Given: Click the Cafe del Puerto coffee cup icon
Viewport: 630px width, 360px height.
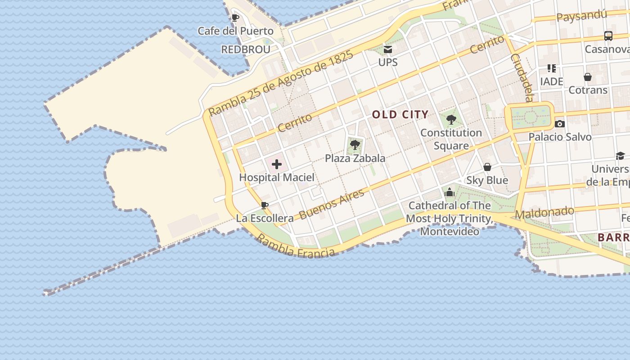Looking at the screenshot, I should pos(235,18).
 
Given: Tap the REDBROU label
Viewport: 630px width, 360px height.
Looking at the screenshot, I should pos(246,49).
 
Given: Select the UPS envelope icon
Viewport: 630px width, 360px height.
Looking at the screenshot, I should pos(387,49).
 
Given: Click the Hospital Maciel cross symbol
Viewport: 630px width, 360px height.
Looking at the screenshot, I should pos(277,164).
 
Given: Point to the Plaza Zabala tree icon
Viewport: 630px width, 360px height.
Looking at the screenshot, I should pos(355,145).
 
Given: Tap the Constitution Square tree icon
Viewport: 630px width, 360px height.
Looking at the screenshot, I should pos(451,120).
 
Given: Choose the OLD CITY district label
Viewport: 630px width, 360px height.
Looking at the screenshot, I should pos(400,115).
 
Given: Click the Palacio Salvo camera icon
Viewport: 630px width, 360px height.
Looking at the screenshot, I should pos(560,124).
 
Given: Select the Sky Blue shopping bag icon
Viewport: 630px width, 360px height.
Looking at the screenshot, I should pos(487,167).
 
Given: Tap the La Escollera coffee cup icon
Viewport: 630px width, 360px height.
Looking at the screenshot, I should pos(265,206).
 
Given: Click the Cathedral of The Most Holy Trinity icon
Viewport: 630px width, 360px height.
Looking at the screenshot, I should pos(449,193).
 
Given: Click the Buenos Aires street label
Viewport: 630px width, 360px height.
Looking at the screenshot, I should pos(332,204).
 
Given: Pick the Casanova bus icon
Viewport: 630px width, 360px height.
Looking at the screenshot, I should pos(608,36).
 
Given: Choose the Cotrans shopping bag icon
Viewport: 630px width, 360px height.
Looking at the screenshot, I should pos(587,77).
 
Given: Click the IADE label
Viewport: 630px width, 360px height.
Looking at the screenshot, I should pos(552,81).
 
